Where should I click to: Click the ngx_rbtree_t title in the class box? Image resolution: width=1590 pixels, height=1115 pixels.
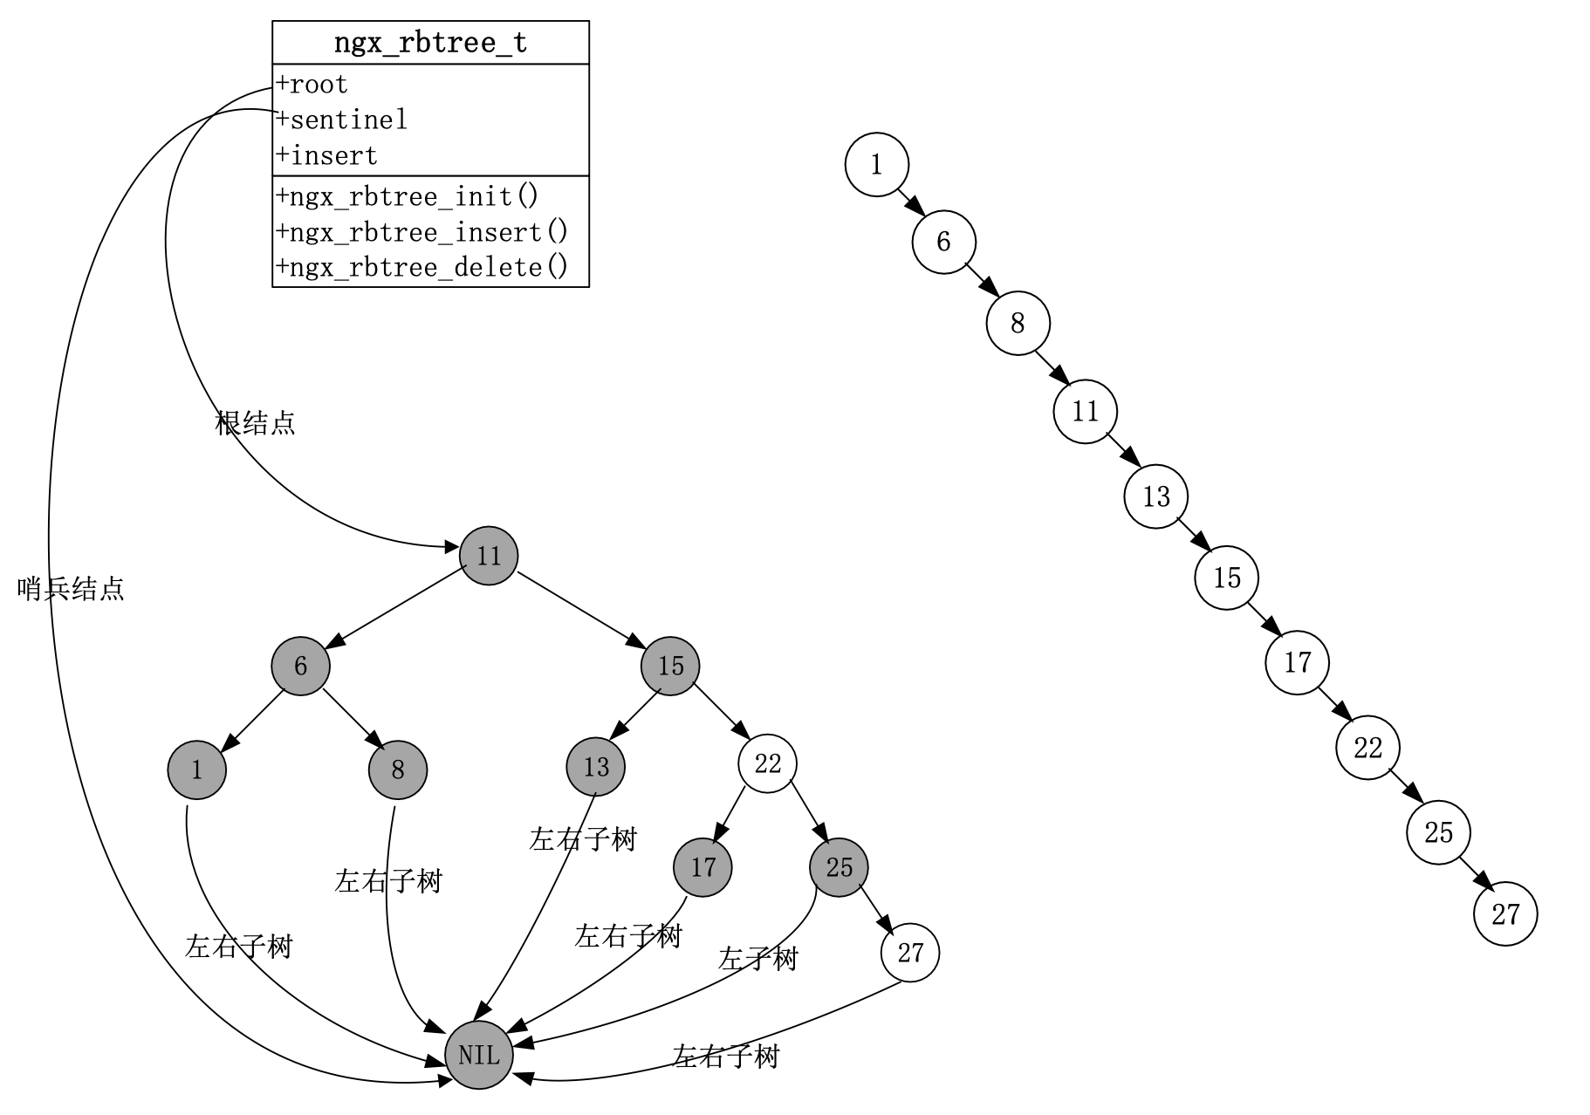pyautogui.click(x=430, y=43)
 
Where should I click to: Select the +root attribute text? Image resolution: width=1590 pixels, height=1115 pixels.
pyautogui.click(x=312, y=85)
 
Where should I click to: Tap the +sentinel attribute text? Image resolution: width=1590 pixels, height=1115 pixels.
pyautogui.click(x=341, y=120)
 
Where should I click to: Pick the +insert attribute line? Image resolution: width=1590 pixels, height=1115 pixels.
pyautogui.click(x=326, y=156)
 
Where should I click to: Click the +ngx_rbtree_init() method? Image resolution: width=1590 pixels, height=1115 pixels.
pyautogui.click(x=408, y=196)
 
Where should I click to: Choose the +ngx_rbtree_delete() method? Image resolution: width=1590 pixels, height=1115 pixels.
pyautogui.click(x=421, y=267)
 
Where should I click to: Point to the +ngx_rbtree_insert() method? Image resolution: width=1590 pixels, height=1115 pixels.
pyautogui.click(x=421, y=232)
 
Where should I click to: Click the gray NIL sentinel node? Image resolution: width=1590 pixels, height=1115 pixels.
pyautogui.click(x=478, y=1055)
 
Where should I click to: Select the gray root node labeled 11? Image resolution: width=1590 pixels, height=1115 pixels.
pyautogui.click(x=489, y=556)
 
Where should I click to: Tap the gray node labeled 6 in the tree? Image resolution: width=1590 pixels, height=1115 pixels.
pyautogui.click(x=300, y=667)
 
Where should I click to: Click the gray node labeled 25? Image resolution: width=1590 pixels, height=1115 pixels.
pyautogui.click(x=839, y=867)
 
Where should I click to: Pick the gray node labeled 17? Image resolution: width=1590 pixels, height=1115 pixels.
pyautogui.click(x=702, y=867)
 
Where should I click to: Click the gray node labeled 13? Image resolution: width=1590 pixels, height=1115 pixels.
pyautogui.click(x=595, y=767)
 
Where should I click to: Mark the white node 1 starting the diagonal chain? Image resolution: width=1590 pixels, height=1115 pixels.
pyautogui.click(x=876, y=165)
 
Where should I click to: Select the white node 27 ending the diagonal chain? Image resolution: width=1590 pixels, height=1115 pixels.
pyautogui.click(x=1505, y=914)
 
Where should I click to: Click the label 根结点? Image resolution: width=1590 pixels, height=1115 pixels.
pyautogui.click(x=255, y=423)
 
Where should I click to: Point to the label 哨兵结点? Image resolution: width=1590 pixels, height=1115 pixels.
pyautogui.click(x=71, y=589)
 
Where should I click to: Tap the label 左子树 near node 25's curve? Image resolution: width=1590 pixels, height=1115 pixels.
pyautogui.click(x=757, y=960)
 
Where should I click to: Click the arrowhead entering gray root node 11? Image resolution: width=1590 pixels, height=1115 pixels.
pyautogui.click(x=452, y=548)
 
